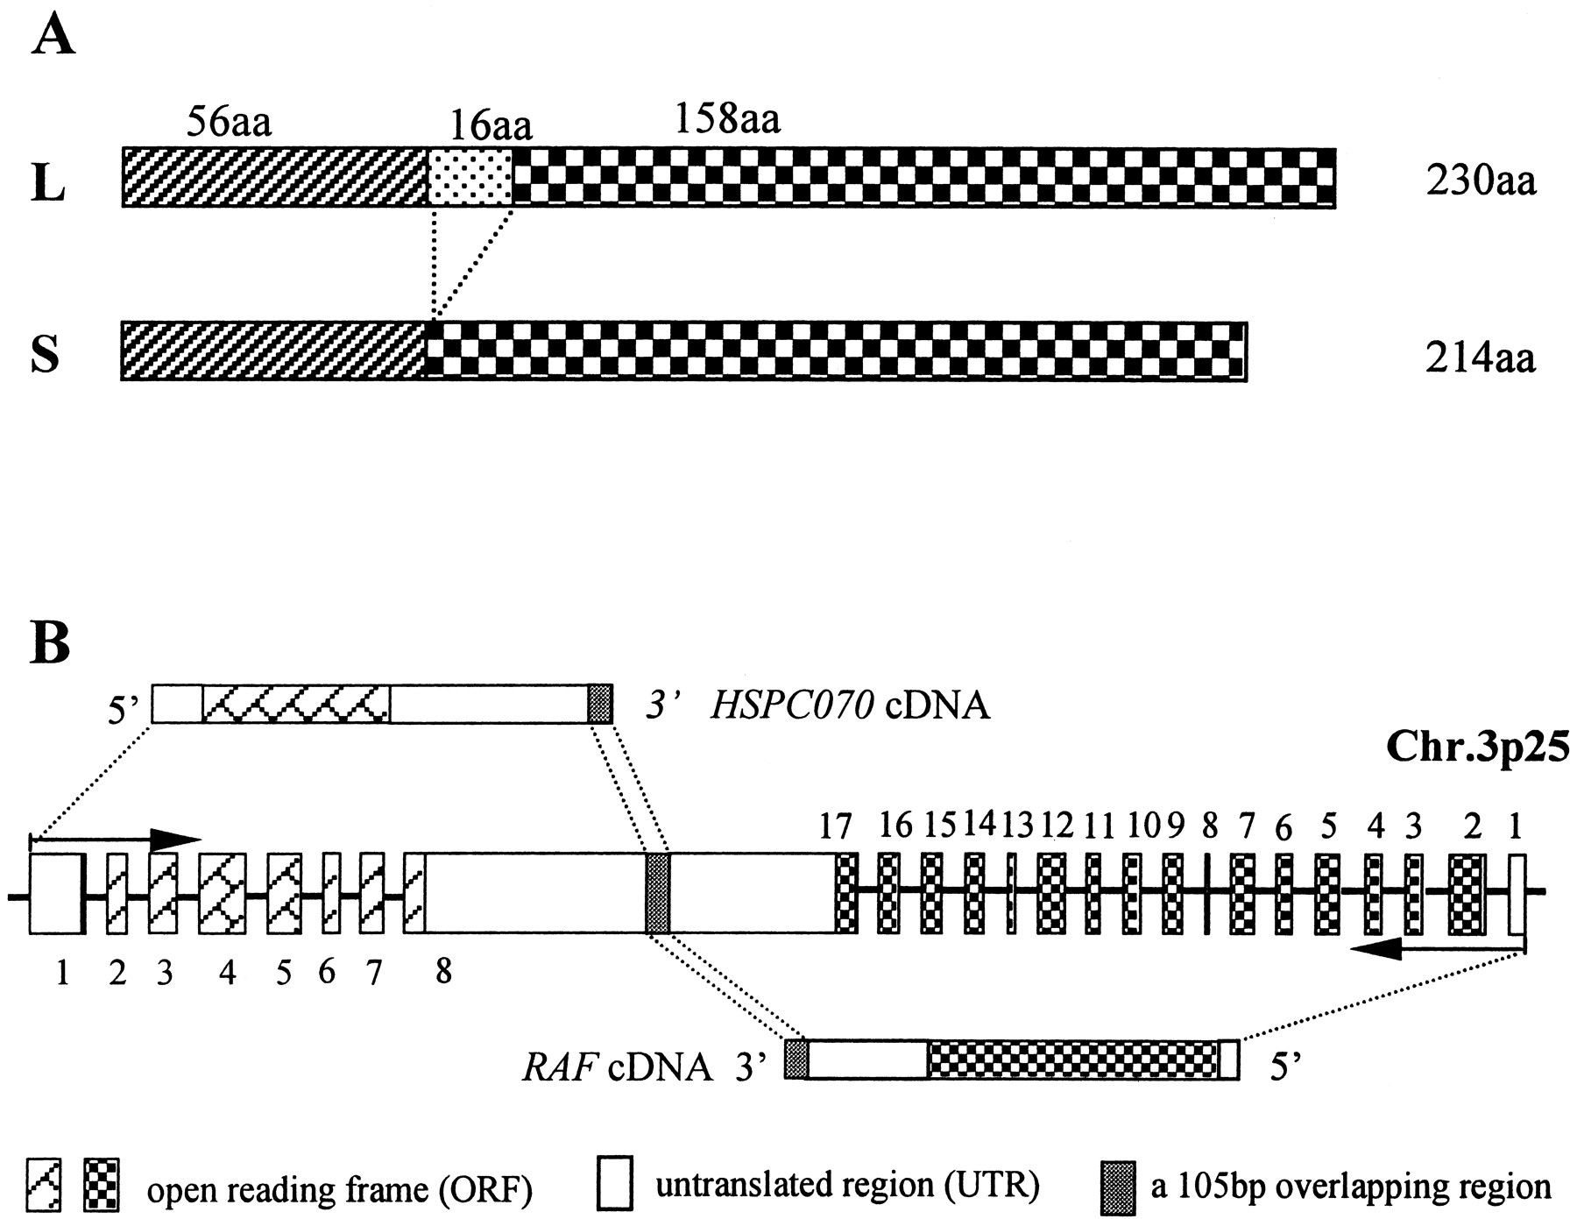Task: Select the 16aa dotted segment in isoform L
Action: (x=470, y=177)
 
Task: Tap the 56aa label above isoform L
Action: (x=229, y=124)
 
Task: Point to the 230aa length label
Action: (x=1481, y=183)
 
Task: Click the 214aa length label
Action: (x=1481, y=358)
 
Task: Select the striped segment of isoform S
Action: (x=273, y=351)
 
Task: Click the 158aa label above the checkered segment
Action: (x=727, y=119)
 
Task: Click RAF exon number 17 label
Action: (x=846, y=825)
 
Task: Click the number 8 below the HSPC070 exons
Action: (x=444, y=971)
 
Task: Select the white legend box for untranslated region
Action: (x=614, y=1188)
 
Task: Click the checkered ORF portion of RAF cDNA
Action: (x=1072, y=1060)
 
